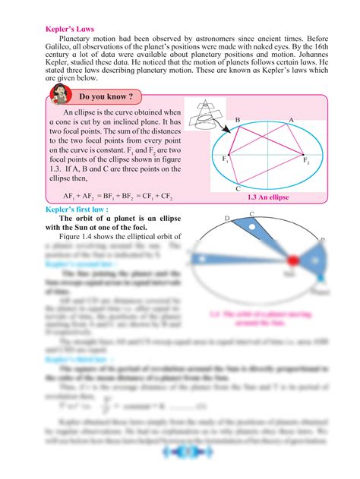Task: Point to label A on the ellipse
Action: (x=291, y=121)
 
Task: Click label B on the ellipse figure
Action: (x=238, y=121)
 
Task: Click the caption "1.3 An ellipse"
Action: (x=268, y=197)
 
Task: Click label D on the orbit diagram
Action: (x=226, y=219)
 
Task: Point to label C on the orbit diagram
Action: (x=251, y=215)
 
